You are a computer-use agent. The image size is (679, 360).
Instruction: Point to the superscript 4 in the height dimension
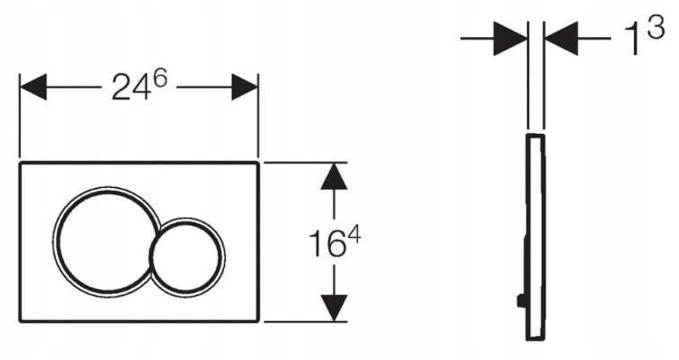(354, 237)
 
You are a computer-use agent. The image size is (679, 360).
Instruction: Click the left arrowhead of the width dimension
(33, 87)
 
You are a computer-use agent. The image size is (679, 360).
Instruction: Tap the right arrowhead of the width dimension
(245, 87)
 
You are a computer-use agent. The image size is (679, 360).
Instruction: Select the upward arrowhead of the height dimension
(334, 176)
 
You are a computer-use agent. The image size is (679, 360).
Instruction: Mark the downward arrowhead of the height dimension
(334, 308)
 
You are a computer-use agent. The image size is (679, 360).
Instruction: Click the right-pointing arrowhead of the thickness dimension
(510, 39)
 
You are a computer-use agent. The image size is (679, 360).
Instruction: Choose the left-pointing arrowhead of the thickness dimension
(561, 39)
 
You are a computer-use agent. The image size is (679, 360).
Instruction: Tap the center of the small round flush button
(187, 254)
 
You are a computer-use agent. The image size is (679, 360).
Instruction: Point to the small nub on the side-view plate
(522, 300)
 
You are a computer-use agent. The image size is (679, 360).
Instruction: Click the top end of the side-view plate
(535, 135)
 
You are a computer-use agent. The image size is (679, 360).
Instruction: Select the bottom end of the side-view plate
(535, 339)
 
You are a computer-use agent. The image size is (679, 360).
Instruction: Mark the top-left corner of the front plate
(20, 163)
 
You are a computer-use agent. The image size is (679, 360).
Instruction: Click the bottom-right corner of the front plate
(259, 321)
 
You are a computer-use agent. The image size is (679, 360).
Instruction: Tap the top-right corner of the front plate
(259, 163)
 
